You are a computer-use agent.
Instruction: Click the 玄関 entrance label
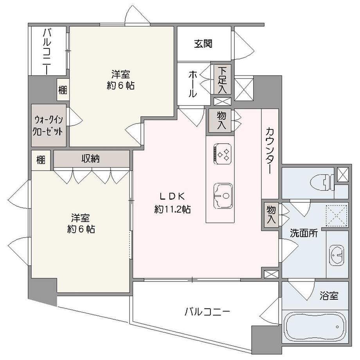pos(203,43)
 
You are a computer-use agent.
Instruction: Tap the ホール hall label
pos(193,84)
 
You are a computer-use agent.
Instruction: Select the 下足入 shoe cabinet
pos(222,79)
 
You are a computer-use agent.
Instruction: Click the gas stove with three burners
pos(223,154)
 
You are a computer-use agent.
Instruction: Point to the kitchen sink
pos(223,196)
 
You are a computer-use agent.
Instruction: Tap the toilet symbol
pos(322,182)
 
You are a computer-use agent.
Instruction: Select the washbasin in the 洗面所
pos(337,255)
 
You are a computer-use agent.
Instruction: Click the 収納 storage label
pos(90,158)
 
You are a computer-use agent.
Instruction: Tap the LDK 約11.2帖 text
pos(173,203)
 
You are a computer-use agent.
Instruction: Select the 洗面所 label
pos(304,233)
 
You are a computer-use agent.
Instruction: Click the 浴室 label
pos(329,296)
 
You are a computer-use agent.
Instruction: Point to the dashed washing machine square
pos(337,216)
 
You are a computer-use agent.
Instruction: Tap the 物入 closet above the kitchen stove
pos(221,121)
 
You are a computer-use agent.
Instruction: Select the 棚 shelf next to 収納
pos(41,160)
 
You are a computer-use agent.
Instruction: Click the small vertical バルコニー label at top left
pos(47,51)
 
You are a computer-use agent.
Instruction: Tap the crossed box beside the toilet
pos(343,175)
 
